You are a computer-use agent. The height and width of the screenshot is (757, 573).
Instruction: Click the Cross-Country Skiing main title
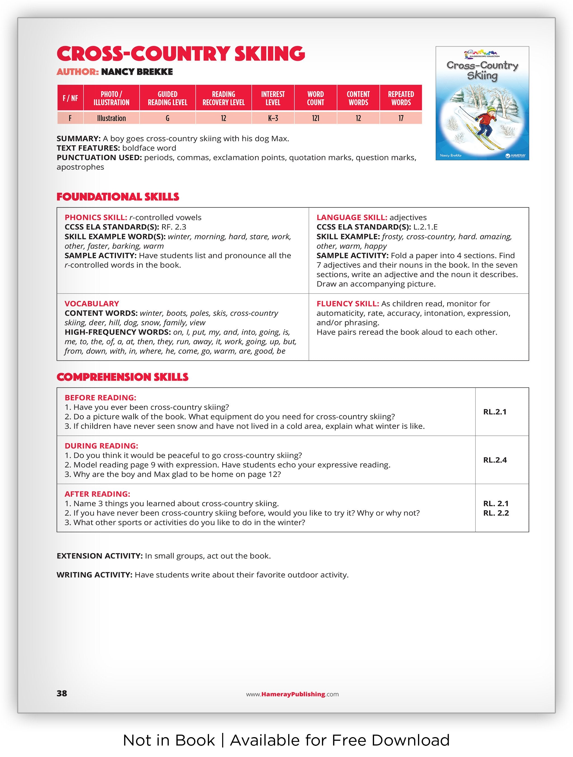point(181,54)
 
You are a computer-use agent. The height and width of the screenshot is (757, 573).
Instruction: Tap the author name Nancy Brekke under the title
point(137,72)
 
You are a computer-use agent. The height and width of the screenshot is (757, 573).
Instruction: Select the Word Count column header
point(315,98)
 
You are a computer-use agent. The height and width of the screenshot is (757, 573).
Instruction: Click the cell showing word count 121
point(315,118)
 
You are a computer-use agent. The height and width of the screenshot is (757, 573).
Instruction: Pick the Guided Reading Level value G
point(167,118)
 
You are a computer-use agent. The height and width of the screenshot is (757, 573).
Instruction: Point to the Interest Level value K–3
point(273,118)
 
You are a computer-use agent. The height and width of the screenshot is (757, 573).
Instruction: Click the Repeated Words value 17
point(401,118)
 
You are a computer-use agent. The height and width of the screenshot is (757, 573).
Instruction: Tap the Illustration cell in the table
point(111,118)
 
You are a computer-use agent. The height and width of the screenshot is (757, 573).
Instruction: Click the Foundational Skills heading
point(118,197)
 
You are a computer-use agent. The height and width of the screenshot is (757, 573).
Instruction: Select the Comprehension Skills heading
point(122,377)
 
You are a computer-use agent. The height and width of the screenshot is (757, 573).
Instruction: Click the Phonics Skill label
point(96,218)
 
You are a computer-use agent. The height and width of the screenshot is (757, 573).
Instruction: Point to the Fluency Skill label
point(347,304)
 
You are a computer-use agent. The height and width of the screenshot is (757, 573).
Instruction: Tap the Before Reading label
point(100,398)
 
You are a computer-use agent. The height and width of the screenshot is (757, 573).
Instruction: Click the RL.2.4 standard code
point(495,460)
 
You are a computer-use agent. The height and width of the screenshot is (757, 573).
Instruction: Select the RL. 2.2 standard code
point(496,513)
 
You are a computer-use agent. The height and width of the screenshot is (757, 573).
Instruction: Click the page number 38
point(62,693)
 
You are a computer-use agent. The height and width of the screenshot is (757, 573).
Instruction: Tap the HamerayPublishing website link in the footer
point(292,694)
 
